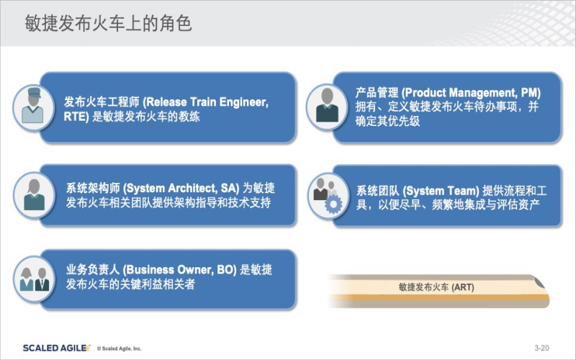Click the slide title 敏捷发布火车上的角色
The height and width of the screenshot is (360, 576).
pos(109,23)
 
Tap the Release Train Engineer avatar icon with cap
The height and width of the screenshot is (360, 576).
pos(33,107)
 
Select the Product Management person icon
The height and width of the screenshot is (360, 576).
pos(327,107)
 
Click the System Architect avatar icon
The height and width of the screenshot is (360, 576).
pos(34,195)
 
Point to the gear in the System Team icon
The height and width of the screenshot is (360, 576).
pos(333,204)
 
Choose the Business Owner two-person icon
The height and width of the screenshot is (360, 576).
pos(34,279)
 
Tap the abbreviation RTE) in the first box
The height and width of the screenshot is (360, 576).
pos(76,117)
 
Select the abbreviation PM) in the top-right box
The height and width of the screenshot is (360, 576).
pos(531,92)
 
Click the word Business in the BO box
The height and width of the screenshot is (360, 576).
pos(148,269)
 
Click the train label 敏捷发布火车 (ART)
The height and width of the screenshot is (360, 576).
pos(436,287)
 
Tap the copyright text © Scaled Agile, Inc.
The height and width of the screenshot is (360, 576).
pos(119,348)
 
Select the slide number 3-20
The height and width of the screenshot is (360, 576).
pos(541,348)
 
